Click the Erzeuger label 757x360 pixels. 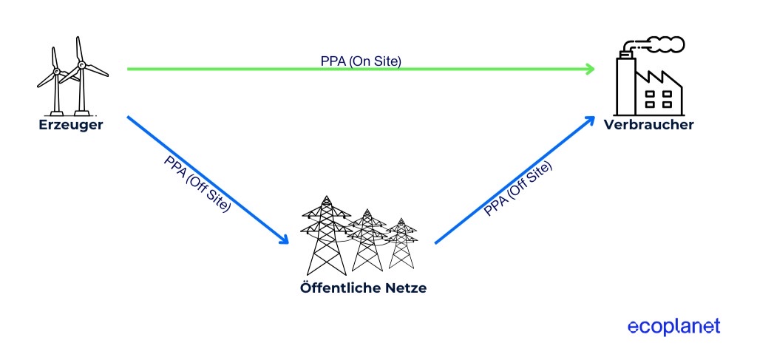70,125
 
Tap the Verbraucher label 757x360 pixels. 648,125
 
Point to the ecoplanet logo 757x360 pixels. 673,327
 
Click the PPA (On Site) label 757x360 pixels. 361,61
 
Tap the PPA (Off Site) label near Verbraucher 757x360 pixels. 517,189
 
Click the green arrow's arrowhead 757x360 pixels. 590,69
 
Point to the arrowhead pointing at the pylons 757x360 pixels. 283,240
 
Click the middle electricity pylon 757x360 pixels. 366,240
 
